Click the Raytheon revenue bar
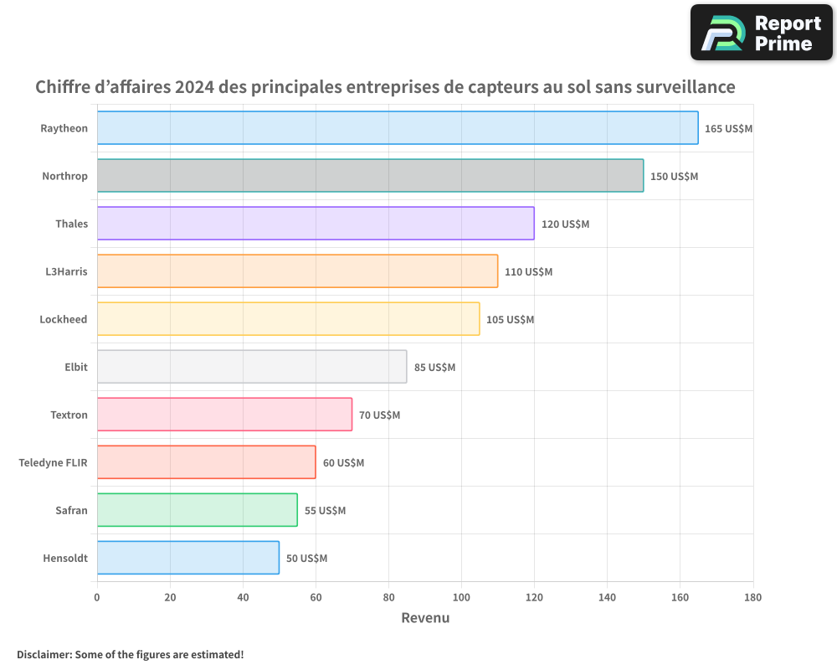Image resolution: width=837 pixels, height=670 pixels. pyautogui.click(x=398, y=128)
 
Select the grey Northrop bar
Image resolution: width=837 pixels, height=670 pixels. pyautogui.click(x=370, y=176)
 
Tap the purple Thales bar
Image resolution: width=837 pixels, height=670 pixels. pyautogui.click(x=316, y=224)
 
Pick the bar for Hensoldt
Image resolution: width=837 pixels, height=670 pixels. pyautogui.click(x=188, y=558)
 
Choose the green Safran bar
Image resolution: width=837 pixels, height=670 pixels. pyautogui.click(x=198, y=510)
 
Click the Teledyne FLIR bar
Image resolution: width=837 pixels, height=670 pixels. pyautogui.click(x=207, y=462)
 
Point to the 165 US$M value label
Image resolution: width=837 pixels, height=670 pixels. pyautogui.click(x=729, y=129)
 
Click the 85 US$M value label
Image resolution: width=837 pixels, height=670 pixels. pyautogui.click(x=434, y=368)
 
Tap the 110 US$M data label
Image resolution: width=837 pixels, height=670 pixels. pyautogui.click(x=528, y=272)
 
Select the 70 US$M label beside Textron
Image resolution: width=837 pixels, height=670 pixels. pyautogui.click(x=379, y=415)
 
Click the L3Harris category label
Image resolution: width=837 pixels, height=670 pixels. pyautogui.click(x=66, y=271)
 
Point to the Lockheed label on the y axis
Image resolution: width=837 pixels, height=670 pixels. pyautogui.click(x=64, y=319)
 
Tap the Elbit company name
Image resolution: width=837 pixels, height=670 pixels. pyautogui.click(x=75, y=367)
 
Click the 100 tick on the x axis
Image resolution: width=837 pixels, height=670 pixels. pyautogui.click(x=461, y=597)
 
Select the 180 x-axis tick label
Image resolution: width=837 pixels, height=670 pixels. pyautogui.click(x=752, y=597)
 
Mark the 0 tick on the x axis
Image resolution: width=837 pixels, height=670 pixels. pyautogui.click(x=97, y=597)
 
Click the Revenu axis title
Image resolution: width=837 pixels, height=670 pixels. pyautogui.click(x=425, y=618)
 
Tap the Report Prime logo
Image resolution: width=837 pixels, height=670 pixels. pyautogui.click(x=761, y=33)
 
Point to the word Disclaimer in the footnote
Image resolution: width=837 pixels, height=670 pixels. pyautogui.click(x=43, y=654)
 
